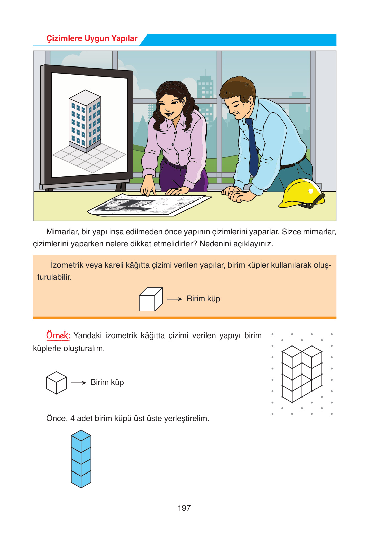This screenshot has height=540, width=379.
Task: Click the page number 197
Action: (184, 508)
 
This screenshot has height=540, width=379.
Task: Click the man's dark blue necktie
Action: (252, 147)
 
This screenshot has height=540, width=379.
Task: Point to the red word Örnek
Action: (58, 335)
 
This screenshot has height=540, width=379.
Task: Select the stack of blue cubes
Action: (81, 458)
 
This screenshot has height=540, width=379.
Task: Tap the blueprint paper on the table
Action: (149, 204)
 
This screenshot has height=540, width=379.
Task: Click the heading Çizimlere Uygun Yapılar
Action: (92, 38)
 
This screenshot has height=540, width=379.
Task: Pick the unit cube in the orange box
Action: (151, 299)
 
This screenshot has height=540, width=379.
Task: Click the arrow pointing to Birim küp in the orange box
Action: (174, 299)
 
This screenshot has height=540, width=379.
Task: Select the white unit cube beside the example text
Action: (56, 383)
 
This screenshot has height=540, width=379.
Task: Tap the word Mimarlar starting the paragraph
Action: (62, 232)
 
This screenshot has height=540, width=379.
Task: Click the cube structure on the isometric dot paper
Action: (302, 374)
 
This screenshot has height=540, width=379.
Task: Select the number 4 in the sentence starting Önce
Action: (72, 418)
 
